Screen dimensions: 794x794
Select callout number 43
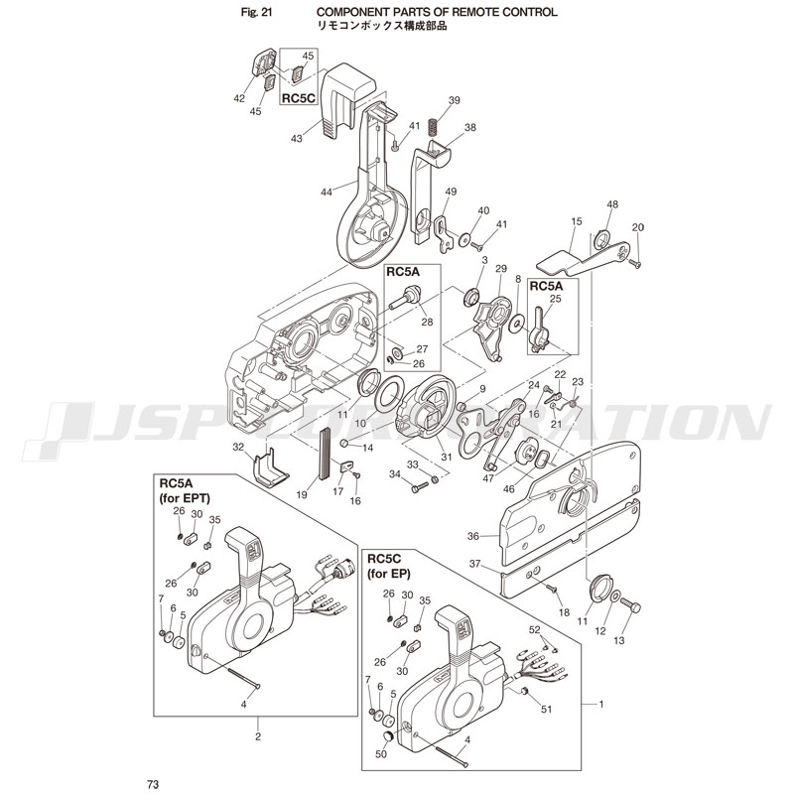pos(296,138)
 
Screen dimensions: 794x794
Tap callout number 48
pos(612,204)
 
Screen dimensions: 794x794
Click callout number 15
pos(576,222)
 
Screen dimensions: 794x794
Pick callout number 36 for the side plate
pos(473,536)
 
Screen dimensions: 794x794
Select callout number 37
pos(474,565)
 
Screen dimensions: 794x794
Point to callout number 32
pos(237,448)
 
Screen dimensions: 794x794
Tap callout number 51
pos(545,709)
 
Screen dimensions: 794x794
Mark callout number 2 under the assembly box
pos(258,735)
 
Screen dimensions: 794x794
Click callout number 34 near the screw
pos(393,475)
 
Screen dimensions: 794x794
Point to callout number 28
pos(427,322)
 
